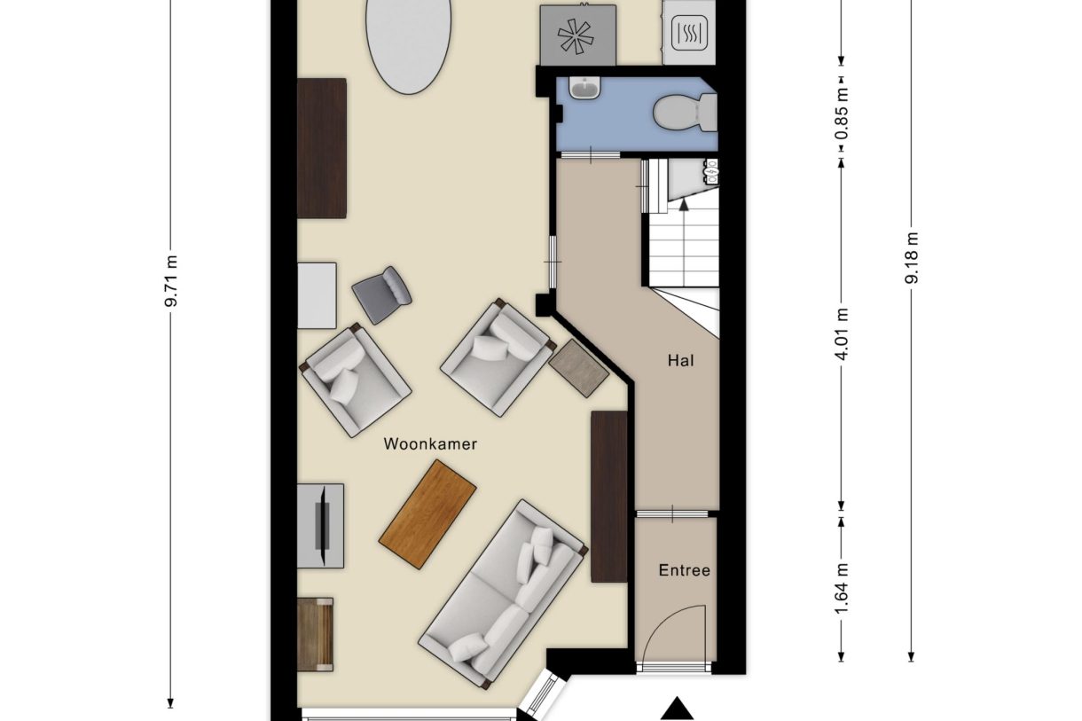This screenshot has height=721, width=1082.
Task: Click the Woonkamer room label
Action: click(430, 444)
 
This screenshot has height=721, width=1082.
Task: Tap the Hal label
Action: click(680, 361)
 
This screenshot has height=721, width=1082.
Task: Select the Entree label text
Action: click(685, 570)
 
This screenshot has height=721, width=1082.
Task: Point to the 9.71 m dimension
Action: click(172, 280)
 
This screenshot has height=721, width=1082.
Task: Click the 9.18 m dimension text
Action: click(911, 258)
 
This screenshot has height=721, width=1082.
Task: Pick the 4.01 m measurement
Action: click(841, 334)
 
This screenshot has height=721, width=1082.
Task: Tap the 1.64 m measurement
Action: click(841, 589)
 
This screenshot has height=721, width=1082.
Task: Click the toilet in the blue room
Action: click(685, 113)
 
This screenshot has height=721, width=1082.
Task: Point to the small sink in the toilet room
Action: click(584, 88)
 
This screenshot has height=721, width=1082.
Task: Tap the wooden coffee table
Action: click(427, 514)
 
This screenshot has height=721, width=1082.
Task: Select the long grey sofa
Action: click(503, 594)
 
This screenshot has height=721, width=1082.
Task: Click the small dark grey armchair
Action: click(381, 295)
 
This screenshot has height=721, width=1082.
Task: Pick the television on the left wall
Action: click(323, 526)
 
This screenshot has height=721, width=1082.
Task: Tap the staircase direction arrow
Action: click(684, 205)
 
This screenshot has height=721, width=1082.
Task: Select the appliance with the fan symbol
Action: click(577, 35)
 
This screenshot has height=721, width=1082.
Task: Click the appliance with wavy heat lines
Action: click(689, 33)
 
